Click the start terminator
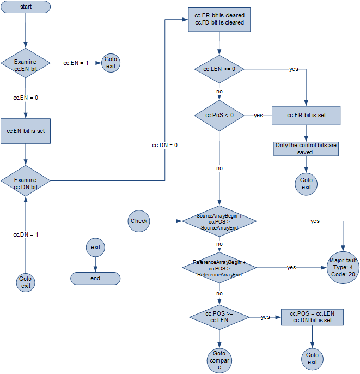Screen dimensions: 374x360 point(26,7)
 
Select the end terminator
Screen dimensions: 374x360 point(95,278)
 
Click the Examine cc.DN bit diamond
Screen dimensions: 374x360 point(26,180)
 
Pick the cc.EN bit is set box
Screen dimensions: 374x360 point(26,131)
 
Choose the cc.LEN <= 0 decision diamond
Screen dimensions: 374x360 point(219,69)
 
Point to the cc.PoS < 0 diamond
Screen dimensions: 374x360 point(219,115)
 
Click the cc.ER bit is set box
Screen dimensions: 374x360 point(306,116)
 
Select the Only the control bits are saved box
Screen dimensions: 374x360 point(306,149)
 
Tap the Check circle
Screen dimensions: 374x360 point(139,221)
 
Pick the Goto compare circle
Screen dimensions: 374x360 point(219,360)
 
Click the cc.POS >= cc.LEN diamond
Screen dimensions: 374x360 point(219,317)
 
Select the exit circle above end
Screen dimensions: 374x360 point(95,247)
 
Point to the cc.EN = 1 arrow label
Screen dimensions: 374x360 point(76,63)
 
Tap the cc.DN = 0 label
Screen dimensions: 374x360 point(164,145)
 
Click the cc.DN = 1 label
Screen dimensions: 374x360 point(26,234)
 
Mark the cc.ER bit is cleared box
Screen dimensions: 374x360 point(219,20)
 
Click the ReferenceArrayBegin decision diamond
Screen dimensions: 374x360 point(219,268)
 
